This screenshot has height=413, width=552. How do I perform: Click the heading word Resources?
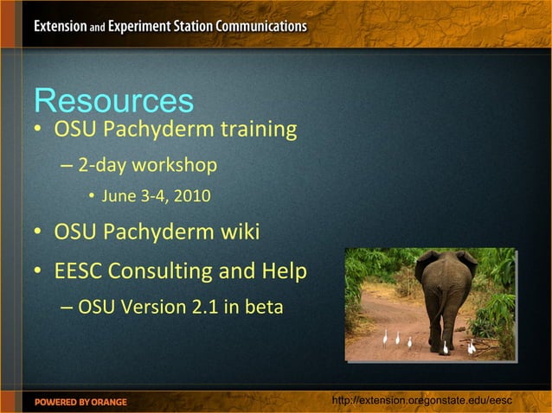tap(113, 101)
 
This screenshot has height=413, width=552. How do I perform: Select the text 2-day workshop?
tap(147, 164)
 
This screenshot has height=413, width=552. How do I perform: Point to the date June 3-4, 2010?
tap(156, 196)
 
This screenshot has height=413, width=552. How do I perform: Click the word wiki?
tap(238, 232)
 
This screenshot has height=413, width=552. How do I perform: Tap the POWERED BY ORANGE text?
tap(80, 402)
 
